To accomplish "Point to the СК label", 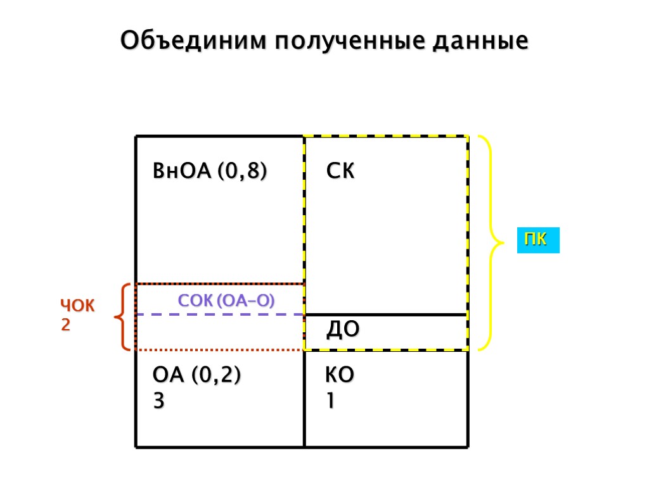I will (340, 171).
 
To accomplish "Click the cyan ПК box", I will (538, 241).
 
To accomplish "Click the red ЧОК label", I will (77, 307).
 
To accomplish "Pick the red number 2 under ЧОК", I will (65, 325).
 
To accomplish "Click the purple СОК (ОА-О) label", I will (226, 301).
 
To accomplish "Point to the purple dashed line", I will (219, 315).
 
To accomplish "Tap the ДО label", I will (343, 329).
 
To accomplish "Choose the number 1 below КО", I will (331, 401).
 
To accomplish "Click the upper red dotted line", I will (219, 284).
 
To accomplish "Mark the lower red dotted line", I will (219, 349).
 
